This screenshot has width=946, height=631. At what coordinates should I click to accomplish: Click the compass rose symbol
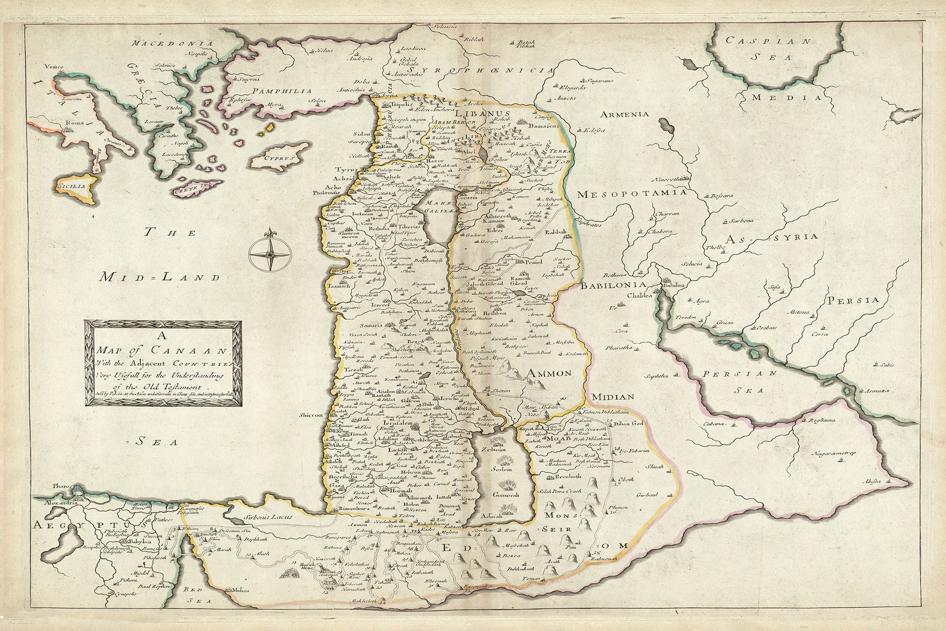point(269,253)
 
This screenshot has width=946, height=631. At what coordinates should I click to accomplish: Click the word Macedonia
point(164,43)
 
